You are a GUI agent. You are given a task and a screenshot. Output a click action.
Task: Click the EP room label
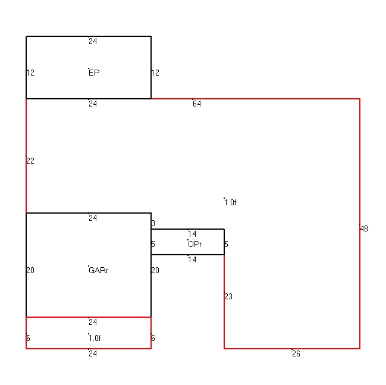click(x=94, y=73)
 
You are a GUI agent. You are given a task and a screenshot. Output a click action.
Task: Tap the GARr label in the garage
click(x=99, y=270)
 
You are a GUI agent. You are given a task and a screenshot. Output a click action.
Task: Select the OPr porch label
click(x=194, y=244)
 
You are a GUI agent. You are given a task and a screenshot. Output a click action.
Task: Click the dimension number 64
click(x=197, y=104)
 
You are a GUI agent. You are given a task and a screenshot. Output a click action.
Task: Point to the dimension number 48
click(x=364, y=229)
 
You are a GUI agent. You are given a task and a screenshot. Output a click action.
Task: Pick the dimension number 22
click(x=30, y=161)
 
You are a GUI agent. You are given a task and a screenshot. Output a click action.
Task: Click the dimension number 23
click(x=228, y=296)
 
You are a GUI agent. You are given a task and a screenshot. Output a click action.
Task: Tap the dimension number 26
click(x=296, y=353)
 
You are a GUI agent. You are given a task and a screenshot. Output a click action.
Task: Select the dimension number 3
click(x=153, y=223)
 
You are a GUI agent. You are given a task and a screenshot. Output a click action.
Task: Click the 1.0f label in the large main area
click(x=230, y=202)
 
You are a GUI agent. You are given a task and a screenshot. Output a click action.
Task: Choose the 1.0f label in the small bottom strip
click(x=95, y=338)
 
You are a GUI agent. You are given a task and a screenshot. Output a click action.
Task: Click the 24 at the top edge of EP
click(x=93, y=41)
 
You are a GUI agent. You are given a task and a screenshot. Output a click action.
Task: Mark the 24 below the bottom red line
click(x=93, y=353)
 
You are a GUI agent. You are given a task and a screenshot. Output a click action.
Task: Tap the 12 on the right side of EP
click(x=155, y=73)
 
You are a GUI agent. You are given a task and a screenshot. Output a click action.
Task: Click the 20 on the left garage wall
click(x=30, y=270)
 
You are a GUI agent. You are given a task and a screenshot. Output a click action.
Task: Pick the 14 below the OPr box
click(x=192, y=259)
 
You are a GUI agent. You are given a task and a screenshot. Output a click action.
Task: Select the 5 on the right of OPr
click(x=226, y=244)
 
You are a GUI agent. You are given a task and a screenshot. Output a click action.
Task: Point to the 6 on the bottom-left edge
click(x=28, y=338)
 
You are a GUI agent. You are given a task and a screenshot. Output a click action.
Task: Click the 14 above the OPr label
click(x=192, y=234)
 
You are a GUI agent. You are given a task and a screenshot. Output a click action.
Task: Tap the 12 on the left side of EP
click(x=30, y=73)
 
